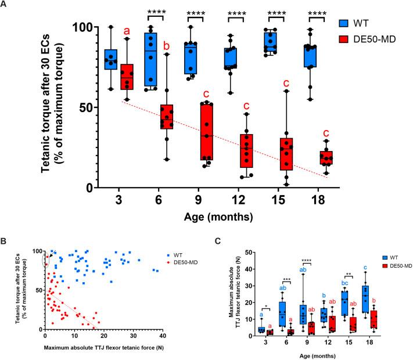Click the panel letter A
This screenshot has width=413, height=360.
coord(5,5)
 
